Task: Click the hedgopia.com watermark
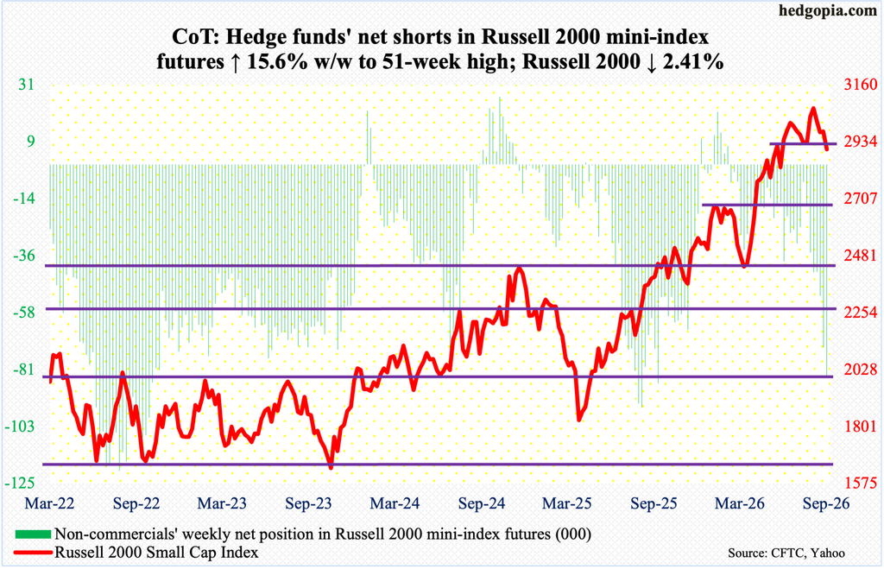point(830,10)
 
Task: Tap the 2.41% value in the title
point(693,61)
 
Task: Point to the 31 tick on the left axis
point(26,85)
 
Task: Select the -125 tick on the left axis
point(21,483)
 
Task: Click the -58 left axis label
point(23,312)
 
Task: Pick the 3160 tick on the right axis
point(861,85)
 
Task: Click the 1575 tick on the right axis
point(861,483)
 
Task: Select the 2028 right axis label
point(861,370)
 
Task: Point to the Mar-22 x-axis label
point(49,503)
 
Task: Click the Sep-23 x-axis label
point(309,503)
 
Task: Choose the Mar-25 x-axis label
point(567,503)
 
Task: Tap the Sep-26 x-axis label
point(826,503)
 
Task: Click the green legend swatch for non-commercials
point(34,534)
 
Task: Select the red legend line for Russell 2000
point(34,552)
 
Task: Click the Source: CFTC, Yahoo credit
point(786,553)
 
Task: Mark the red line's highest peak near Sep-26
point(813,108)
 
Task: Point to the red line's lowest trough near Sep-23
point(331,467)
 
